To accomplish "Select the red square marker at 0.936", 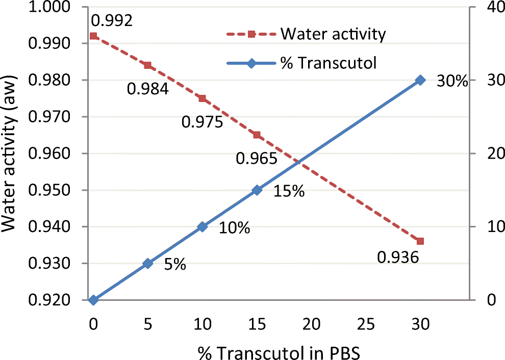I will tap(420, 241).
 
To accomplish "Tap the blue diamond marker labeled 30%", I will tap(420, 80).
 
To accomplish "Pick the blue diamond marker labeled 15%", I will tap(257, 190).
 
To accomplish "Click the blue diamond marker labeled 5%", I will tap(147, 264).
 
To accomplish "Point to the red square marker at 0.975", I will tap(202, 98).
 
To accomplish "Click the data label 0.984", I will tap(147, 89).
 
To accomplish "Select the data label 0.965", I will tap(256, 159).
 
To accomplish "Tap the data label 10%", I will tap(234, 228).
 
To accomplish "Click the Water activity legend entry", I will tap(333, 35).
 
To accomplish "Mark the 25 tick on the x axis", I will tap(366, 323).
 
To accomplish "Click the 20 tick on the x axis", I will tap(311, 323).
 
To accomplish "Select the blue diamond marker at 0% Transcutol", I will tap(93, 300).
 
